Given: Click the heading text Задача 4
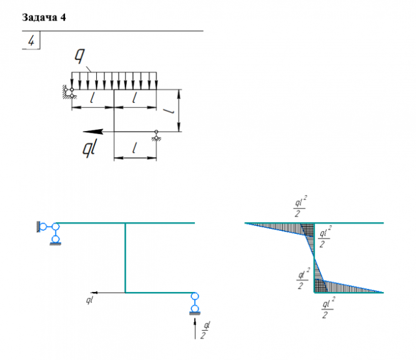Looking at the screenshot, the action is [44, 17].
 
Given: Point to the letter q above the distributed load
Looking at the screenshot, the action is [80, 56].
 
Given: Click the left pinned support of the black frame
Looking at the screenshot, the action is [67, 92].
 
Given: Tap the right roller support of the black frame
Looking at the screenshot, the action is [156, 135].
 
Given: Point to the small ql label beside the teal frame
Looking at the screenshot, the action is [90, 301].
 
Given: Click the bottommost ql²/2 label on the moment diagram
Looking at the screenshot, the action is [327, 308].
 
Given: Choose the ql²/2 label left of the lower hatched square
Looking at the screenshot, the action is [303, 279].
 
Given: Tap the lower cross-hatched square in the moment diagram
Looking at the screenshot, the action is [319, 286].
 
